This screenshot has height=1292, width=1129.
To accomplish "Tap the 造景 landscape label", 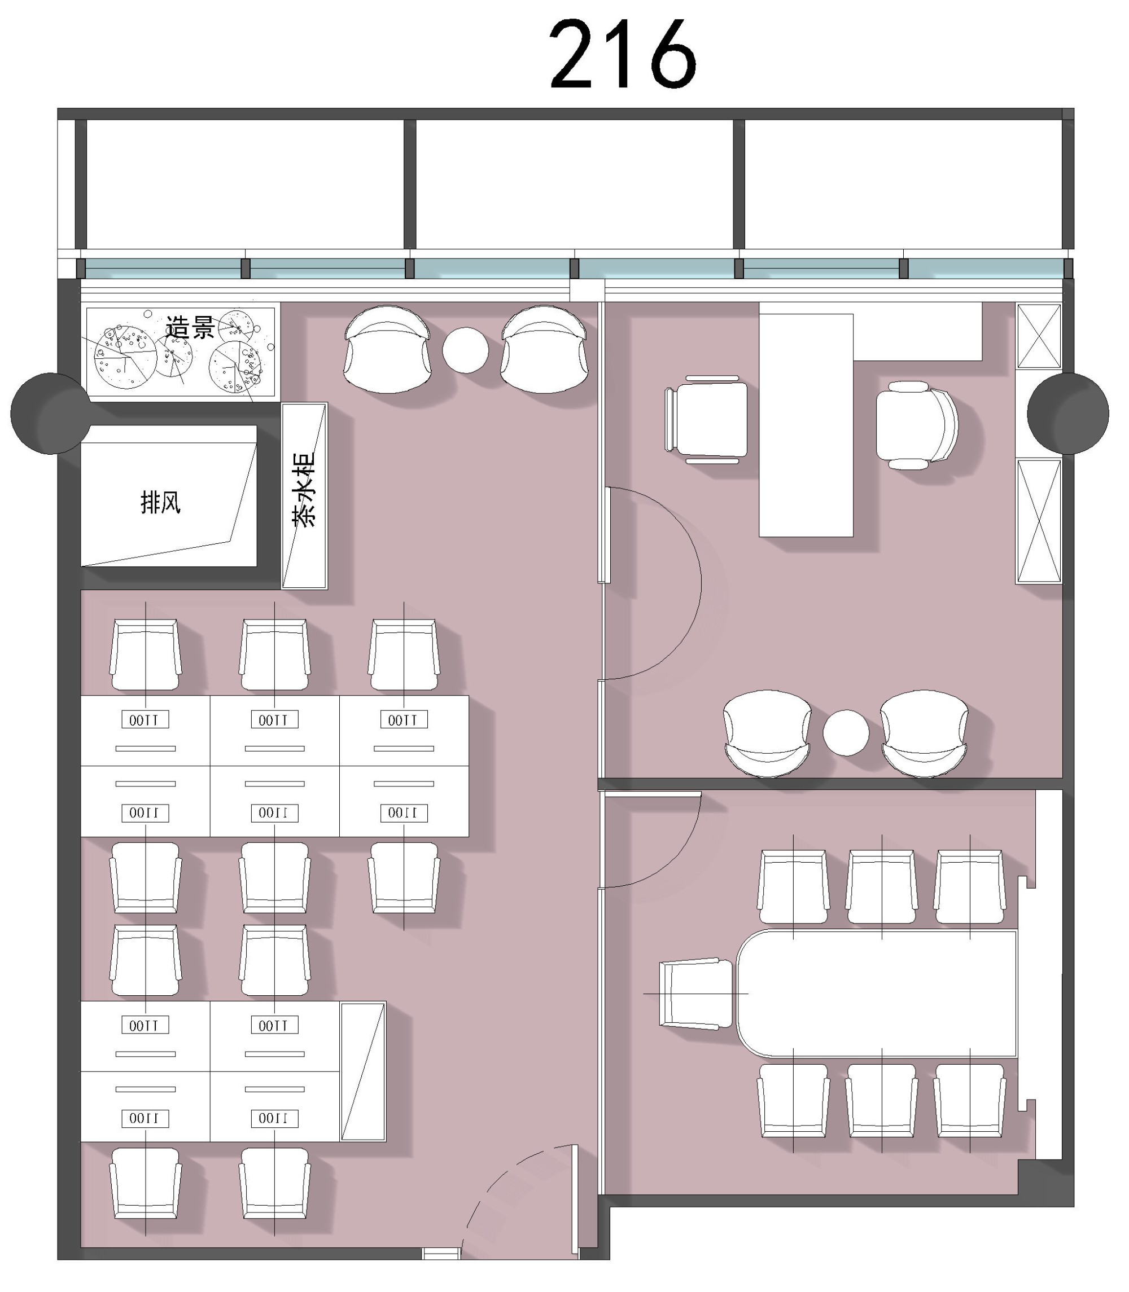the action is tap(190, 328).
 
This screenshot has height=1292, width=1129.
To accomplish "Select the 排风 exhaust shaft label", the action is tap(161, 502).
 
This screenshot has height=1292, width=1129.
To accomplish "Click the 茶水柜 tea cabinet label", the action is tap(304, 489).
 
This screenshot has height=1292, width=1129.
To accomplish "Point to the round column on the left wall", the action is tap(50, 413).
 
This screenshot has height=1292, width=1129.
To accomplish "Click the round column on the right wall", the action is tap(1068, 413).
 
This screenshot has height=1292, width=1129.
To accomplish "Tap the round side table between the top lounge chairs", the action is tap(465, 350).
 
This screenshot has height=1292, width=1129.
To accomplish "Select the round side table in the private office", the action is tap(846, 733).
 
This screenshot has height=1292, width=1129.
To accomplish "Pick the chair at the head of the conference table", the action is tap(696, 994).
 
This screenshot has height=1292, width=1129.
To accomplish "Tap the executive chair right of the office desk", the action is tap(917, 425).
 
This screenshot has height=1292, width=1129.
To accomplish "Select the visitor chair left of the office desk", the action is tap(706, 419).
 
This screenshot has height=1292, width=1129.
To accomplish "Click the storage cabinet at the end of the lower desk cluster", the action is tap(363, 1071).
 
